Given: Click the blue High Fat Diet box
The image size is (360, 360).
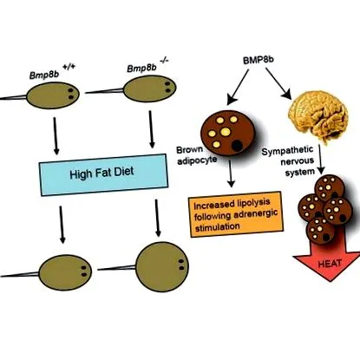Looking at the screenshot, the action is tap(103, 175).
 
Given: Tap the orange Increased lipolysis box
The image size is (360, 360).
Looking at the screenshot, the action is tap(236, 214).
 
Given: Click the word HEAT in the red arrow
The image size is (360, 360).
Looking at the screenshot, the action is tap(330, 264).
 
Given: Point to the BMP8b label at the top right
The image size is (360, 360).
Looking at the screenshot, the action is tap(258, 60).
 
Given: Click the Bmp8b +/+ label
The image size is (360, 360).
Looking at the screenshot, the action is tap(51, 72).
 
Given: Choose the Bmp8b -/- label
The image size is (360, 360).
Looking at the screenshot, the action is tap(147, 66).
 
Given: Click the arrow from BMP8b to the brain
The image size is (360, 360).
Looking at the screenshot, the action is tap(278, 84).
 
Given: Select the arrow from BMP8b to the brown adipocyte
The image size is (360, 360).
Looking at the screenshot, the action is tap(238, 87).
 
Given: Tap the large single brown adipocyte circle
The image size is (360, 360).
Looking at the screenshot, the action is tap(228, 133).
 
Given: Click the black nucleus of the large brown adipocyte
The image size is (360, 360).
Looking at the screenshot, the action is tap(238, 146).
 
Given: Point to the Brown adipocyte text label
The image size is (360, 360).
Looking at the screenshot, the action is tap(197, 155).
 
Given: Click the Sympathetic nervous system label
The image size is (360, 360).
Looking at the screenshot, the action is tap(289, 161).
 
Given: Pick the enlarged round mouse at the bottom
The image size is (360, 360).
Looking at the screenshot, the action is tap(162, 267).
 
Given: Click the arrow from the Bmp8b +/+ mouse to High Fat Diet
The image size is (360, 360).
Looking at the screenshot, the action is tap(56, 136).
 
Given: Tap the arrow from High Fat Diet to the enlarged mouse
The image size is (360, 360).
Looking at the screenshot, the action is tap(157, 219).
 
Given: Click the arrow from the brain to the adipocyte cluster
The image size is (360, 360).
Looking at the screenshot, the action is tap(321, 159).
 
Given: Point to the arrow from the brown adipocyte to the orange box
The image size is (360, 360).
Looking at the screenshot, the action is tap(230, 173).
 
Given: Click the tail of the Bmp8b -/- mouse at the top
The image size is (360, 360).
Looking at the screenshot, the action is tap(105, 91).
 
